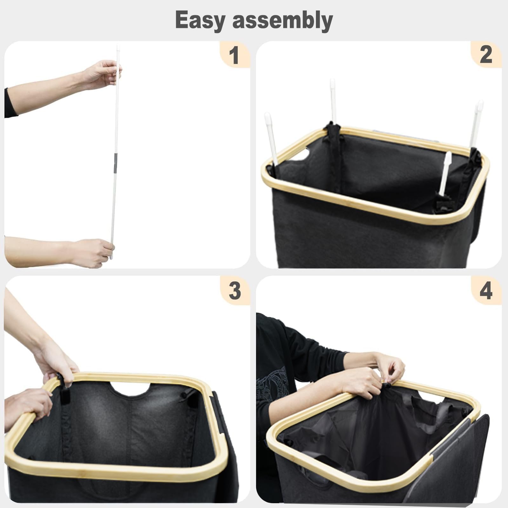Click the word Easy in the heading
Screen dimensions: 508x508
coord(200,20)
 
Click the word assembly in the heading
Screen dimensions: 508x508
coord(283,20)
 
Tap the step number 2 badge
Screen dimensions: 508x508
coord(486,55)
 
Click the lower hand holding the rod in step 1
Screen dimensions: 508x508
coord(92,253)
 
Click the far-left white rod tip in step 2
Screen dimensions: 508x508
coord(268,116)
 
